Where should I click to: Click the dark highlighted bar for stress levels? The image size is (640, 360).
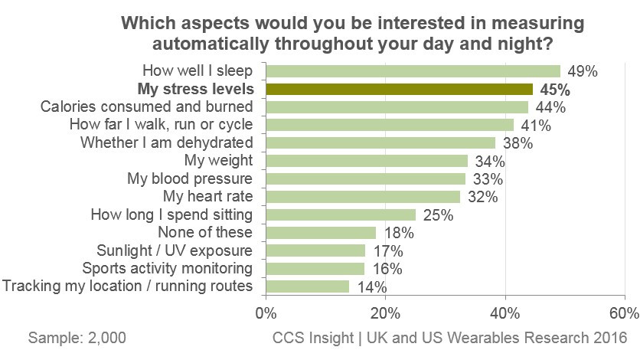pyautogui.click(x=399, y=89)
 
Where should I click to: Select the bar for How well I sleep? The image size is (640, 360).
pyautogui.click(x=413, y=71)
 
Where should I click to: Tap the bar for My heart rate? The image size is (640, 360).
pyautogui.click(x=362, y=197)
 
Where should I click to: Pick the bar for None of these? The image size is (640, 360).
pyautogui.click(x=320, y=233)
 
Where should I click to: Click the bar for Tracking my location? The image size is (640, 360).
pyautogui.click(x=307, y=286)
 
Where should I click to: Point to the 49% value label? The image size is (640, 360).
pyautogui.click(x=582, y=71)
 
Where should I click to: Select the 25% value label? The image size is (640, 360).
pyautogui.click(x=438, y=215)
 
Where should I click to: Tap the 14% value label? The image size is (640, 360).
pyautogui.click(x=371, y=287)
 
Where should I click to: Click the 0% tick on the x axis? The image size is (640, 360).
pyautogui.click(x=266, y=313)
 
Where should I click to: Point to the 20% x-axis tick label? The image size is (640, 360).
pyautogui.click(x=385, y=313)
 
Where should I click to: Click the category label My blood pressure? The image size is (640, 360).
pyautogui.click(x=189, y=179)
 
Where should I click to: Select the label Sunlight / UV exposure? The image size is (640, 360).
pyautogui.click(x=175, y=250)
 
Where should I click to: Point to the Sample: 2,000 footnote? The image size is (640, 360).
pyautogui.click(x=77, y=338)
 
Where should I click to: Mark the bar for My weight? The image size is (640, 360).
pyautogui.click(x=366, y=161)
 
